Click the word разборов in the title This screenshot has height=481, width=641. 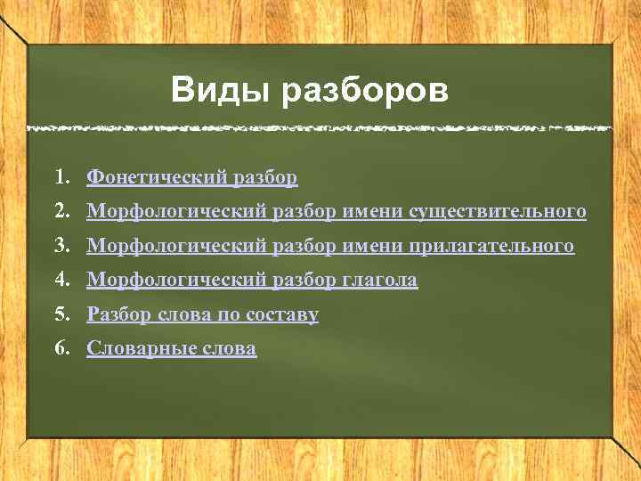365,91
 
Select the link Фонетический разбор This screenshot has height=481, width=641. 192,177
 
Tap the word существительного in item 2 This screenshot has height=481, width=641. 497,211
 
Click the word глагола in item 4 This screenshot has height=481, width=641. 379,280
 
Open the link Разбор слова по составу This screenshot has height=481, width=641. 202,314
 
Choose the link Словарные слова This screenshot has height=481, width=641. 171,348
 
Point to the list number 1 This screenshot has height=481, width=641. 60,177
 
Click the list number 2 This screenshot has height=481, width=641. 60,211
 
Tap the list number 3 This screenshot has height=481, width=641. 60,245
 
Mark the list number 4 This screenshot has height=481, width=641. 60,280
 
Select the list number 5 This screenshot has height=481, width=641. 60,314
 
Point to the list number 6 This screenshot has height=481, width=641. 60,348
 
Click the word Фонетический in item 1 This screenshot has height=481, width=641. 157,177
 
